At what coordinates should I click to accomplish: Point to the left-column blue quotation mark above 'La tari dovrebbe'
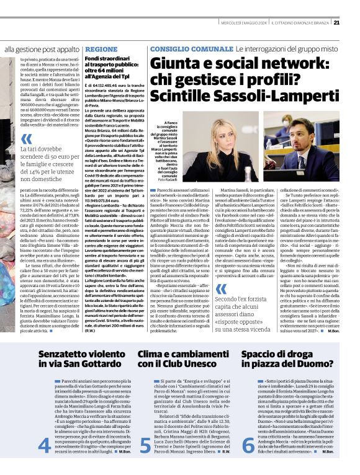pyautogui.click(x=25, y=139)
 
